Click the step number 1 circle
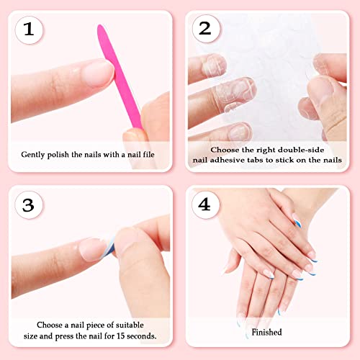click(29, 30)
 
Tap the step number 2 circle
click(205, 30)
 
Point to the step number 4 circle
click(205, 204)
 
